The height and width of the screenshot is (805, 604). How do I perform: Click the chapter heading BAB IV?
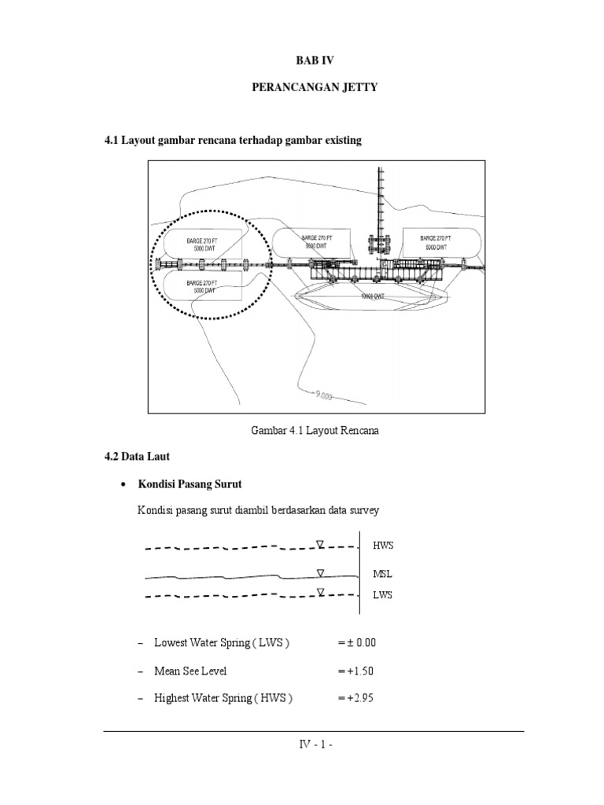click(315, 59)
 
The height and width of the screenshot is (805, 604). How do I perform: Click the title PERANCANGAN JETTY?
click(315, 88)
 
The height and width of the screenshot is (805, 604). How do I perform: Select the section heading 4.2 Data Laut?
click(137, 456)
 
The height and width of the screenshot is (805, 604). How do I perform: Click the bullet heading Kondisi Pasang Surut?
click(186, 483)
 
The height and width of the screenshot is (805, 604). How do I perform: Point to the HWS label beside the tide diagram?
click(382, 545)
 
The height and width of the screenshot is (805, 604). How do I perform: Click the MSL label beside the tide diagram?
click(382, 574)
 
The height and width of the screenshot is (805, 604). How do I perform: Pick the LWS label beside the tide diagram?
click(382, 595)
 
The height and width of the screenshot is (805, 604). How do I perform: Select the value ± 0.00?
click(357, 642)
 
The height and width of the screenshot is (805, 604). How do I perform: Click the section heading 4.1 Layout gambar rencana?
click(234, 140)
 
